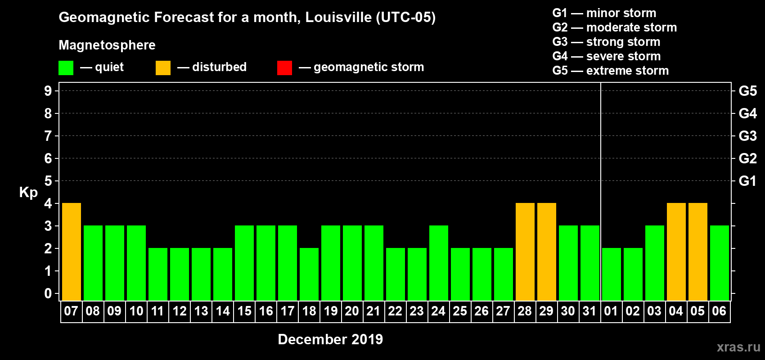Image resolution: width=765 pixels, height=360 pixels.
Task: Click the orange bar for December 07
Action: (72, 252)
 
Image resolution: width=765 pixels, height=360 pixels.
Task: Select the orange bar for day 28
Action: (525, 252)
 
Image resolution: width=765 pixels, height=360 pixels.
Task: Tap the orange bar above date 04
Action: (676, 252)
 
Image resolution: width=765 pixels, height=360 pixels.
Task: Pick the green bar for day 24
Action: (439, 263)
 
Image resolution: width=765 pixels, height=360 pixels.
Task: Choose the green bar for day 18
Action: (309, 274)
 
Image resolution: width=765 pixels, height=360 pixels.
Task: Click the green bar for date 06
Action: (720, 263)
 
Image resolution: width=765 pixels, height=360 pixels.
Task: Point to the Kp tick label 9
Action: (48, 91)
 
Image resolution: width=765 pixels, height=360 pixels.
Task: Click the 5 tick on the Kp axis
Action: (48, 181)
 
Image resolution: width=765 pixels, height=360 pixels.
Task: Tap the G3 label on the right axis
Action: (747, 136)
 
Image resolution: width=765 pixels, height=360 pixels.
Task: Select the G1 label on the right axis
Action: (747, 181)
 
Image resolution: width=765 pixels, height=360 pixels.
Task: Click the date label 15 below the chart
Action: (244, 311)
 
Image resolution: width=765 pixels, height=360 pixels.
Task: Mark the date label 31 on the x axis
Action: (589, 311)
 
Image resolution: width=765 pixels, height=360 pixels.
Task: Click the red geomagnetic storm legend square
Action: (284, 68)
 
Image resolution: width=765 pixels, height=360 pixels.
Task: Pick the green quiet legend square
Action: (66, 68)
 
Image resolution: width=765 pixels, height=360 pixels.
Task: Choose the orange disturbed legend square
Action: (163, 68)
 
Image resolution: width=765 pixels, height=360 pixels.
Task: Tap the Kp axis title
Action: (28, 192)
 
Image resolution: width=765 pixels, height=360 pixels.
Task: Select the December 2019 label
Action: (330, 339)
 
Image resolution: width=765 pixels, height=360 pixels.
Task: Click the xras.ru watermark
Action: (738, 347)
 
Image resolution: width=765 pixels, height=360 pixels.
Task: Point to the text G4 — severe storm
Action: (606, 56)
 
